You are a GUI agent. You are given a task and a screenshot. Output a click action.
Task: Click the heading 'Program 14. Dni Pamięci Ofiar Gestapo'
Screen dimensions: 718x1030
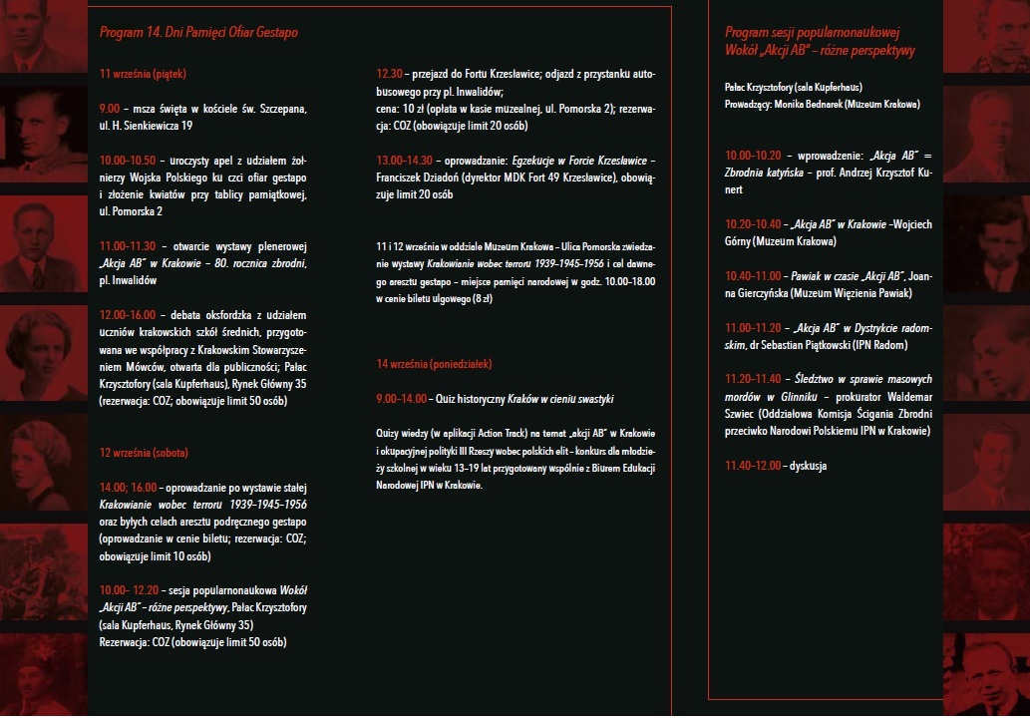pyautogui.click(x=198, y=33)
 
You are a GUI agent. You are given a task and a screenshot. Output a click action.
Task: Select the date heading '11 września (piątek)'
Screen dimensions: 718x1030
pyautogui.click(x=143, y=73)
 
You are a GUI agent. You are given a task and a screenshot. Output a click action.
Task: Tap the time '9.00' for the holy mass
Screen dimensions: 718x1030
pyautogui.click(x=110, y=108)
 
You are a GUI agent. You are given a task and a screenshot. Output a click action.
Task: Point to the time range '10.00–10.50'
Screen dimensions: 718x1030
pyautogui.click(x=128, y=160)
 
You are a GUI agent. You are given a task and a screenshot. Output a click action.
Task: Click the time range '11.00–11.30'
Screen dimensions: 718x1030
pyautogui.click(x=128, y=246)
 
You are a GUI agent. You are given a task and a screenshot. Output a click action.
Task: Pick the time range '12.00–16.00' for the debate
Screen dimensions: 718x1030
pyautogui.click(x=128, y=315)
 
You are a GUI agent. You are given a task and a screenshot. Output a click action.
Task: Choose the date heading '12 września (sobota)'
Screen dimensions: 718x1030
pyautogui.click(x=144, y=453)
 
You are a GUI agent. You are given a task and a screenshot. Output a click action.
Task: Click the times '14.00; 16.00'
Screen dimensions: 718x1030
pyautogui.click(x=129, y=488)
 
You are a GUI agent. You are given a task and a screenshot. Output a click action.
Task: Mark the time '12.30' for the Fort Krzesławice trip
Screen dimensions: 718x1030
pyautogui.click(x=389, y=74)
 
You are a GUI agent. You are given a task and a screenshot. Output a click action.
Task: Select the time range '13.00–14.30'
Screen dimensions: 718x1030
pyautogui.click(x=405, y=161)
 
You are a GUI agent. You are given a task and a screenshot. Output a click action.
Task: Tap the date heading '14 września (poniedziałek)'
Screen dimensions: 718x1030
pyautogui.click(x=434, y=364)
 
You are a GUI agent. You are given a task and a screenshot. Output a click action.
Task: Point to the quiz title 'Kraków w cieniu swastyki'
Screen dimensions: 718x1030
pyautogui.click(x=565, y=399)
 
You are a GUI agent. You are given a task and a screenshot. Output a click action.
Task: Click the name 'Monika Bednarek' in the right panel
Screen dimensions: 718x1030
pyautogui.click(x=815, y=104)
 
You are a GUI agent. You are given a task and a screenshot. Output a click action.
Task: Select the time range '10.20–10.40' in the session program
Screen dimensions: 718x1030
pyautogui.click(x=754, y=223)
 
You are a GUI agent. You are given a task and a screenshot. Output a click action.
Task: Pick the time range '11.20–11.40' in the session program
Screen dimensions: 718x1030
pyautogui.click(x=754, y=379)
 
